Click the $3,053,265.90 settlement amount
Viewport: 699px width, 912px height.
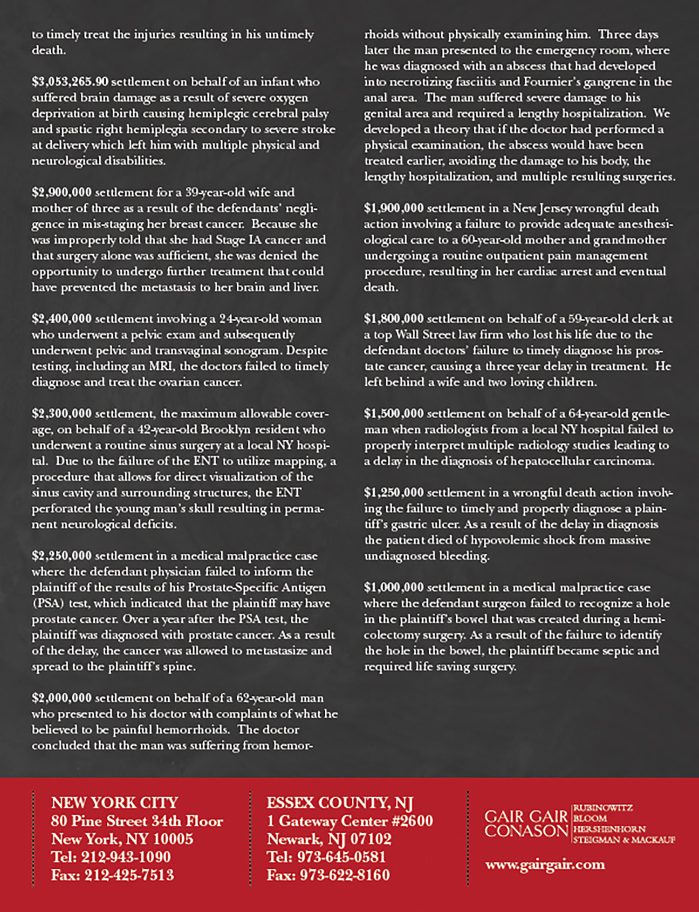coord(70,82)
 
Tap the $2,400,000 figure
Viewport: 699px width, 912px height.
coord(62,319)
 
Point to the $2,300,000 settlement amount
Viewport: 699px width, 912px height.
coord(62,414)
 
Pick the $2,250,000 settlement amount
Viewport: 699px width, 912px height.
coord(62,556)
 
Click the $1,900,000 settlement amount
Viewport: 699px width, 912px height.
coord(394,208)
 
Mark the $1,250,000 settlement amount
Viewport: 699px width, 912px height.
coord(394,493)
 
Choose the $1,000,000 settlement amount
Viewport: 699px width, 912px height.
coord(394,587)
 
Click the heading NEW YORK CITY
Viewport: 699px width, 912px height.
coord(115,803)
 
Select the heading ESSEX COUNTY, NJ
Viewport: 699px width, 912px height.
coord(340,803)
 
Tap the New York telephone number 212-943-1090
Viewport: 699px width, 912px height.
coord(126,857)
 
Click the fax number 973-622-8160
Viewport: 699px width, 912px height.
coord(344,875)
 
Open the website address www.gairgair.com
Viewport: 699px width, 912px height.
coord(545,865)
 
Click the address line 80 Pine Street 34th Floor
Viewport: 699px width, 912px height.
coord(137,821)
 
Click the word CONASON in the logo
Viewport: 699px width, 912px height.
coord(526,830)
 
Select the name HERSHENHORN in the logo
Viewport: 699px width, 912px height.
coord(609,829)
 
